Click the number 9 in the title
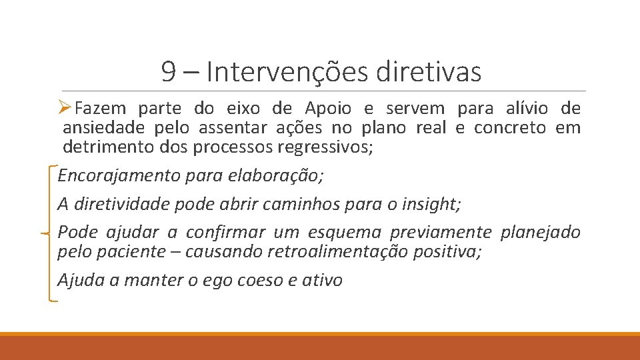[169, 72]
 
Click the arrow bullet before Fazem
[65, 108]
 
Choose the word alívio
[521, 108]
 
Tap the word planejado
[540, 232]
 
